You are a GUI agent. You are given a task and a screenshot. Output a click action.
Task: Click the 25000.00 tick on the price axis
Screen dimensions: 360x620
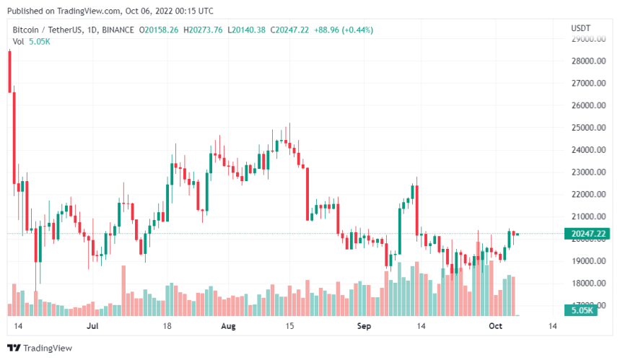[586, 128]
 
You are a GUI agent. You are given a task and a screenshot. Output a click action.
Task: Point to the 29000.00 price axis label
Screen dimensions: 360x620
[586, 38]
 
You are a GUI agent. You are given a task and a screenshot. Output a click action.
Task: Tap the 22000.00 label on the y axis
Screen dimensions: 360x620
[586, 195]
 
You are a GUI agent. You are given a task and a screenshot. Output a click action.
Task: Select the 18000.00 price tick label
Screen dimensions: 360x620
[586, 284]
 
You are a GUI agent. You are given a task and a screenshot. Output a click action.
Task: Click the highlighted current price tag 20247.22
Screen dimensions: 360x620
[586, 234]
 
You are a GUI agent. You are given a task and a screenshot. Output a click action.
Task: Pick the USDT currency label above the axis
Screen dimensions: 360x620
[581, 27]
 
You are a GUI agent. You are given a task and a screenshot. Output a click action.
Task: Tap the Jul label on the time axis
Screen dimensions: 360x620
[92, 326]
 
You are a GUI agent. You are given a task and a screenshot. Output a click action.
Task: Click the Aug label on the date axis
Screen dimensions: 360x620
[228, 326]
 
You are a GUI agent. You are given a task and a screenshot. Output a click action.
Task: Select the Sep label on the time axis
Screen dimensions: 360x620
[363, 326]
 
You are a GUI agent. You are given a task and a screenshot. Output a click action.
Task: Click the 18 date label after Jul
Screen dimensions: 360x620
[167, 326]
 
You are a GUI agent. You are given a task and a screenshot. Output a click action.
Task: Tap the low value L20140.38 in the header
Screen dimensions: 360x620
[247, 30]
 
